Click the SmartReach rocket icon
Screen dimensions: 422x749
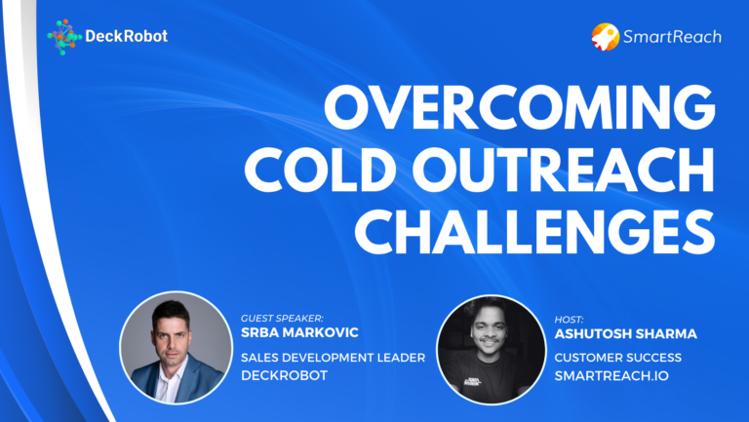coord(605,37)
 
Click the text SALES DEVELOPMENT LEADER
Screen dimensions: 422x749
coord(333,358)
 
